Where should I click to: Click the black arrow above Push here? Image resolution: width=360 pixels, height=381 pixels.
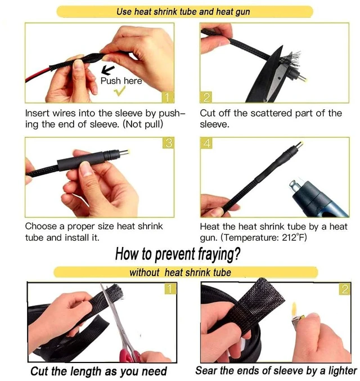click(x=107, y=70)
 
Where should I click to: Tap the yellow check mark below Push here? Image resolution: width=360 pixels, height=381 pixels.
click(x=120, y=91)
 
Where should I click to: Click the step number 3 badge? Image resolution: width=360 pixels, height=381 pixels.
click(x=168, y=143)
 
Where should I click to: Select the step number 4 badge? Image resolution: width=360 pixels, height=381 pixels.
click(x=206, y=143)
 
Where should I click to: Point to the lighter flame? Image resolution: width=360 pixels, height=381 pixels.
click(x=294, y=309)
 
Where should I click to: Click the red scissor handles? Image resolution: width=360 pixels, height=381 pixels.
click(x=130, y=356)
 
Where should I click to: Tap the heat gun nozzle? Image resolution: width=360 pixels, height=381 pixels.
click(x=296, y=186)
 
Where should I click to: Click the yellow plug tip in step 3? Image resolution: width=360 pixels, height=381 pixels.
click(x=125, y=153)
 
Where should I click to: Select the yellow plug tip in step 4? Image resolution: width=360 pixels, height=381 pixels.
click(x=299, y=146)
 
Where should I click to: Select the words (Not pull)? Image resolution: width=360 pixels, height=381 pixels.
click(x=142, y=124)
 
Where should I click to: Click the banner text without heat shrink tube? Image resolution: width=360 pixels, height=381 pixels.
click(x=180, y=272)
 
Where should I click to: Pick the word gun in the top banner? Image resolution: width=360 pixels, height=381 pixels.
click(x=241, y=12)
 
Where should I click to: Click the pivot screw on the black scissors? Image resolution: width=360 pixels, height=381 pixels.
click(x=280, y=78)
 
